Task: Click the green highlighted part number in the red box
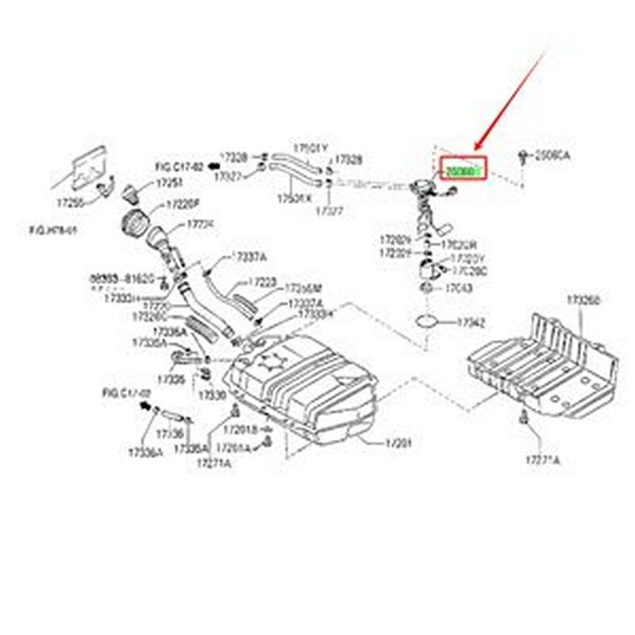462,171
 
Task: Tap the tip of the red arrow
475,151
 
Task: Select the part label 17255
69,203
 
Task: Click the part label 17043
459,288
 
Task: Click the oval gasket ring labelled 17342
427,321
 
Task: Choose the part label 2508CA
553,156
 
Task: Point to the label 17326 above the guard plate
583,301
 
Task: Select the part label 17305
171,380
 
